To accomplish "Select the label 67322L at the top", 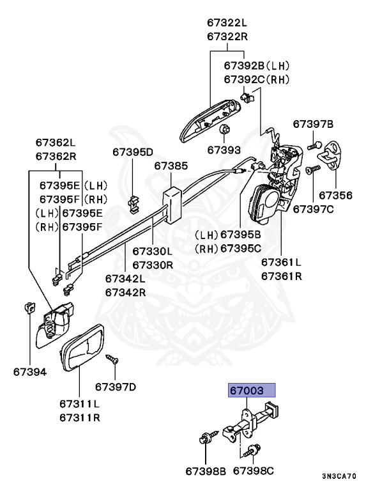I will pos(226,22).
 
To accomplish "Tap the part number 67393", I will pos(224,150).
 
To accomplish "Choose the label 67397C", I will pos(314,209).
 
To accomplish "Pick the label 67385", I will pos(171,166).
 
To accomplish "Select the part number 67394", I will pos(29,371).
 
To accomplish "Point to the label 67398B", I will pos(206,471).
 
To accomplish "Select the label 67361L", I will pos(281,263).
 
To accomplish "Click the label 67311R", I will pos(80,417).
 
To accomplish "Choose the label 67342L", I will pos(125,279).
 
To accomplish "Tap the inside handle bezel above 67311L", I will pos(83,349).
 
